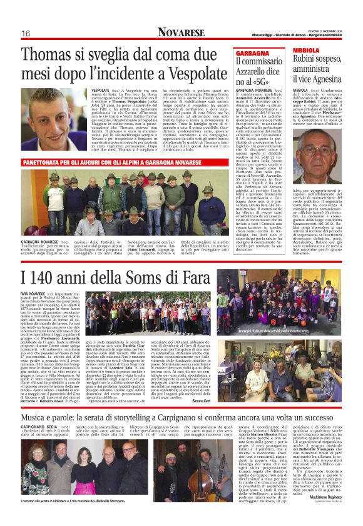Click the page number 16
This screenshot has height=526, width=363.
pos(26,33)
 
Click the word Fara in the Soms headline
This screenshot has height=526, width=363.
pos(186,275)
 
